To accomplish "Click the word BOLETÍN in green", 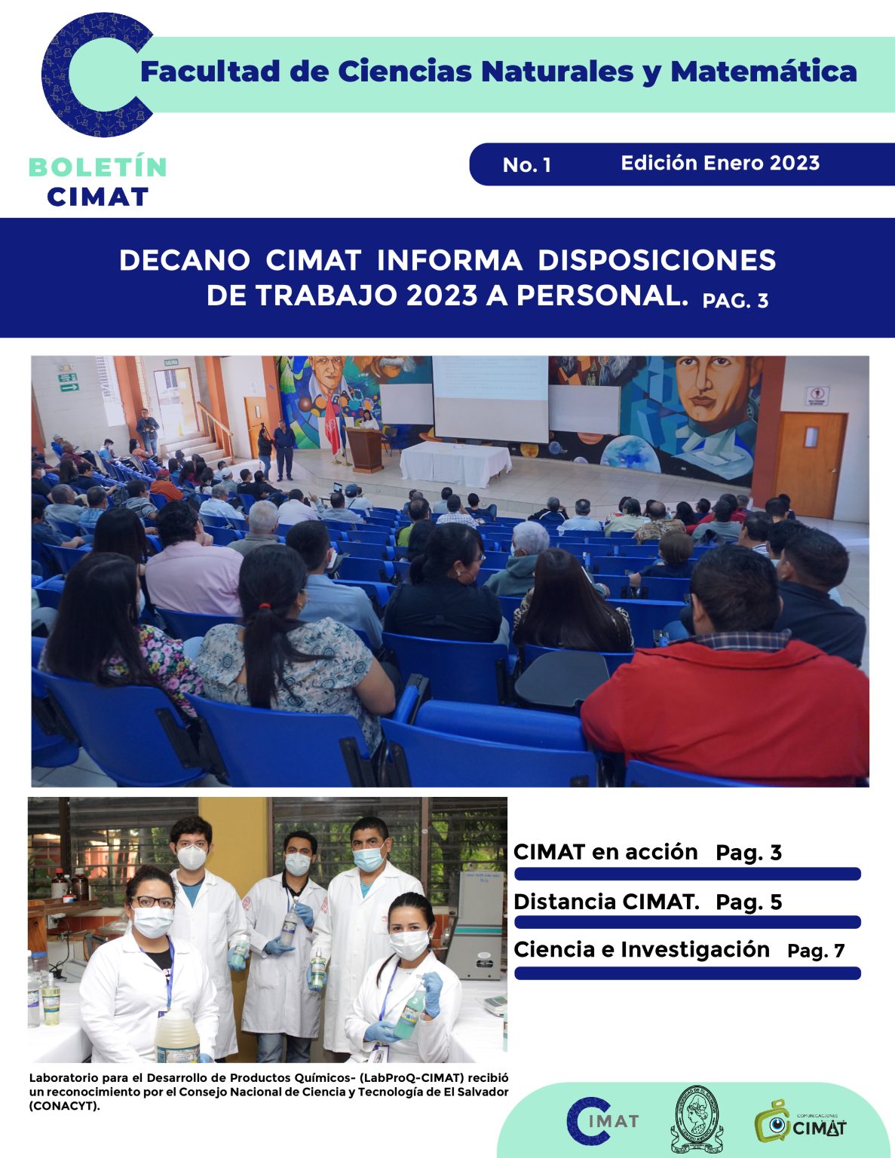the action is [97, 167].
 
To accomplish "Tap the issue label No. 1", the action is [526, 165].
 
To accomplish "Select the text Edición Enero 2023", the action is [720, 163].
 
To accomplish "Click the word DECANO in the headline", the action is [184, 260].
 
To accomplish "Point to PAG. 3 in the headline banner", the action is [735, 301].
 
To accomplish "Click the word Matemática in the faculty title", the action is [763, 72].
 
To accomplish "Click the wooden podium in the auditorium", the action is [365, 449].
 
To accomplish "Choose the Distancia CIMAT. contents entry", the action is [647, 902].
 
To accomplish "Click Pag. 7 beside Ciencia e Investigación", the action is [816, 951].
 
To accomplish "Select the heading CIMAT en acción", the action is [605, 852].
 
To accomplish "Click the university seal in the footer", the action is [696, 1120].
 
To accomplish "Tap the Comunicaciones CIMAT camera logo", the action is [800, 1121].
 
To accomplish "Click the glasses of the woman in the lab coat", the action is [152, 902].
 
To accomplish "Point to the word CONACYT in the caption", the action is [64, 1106].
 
